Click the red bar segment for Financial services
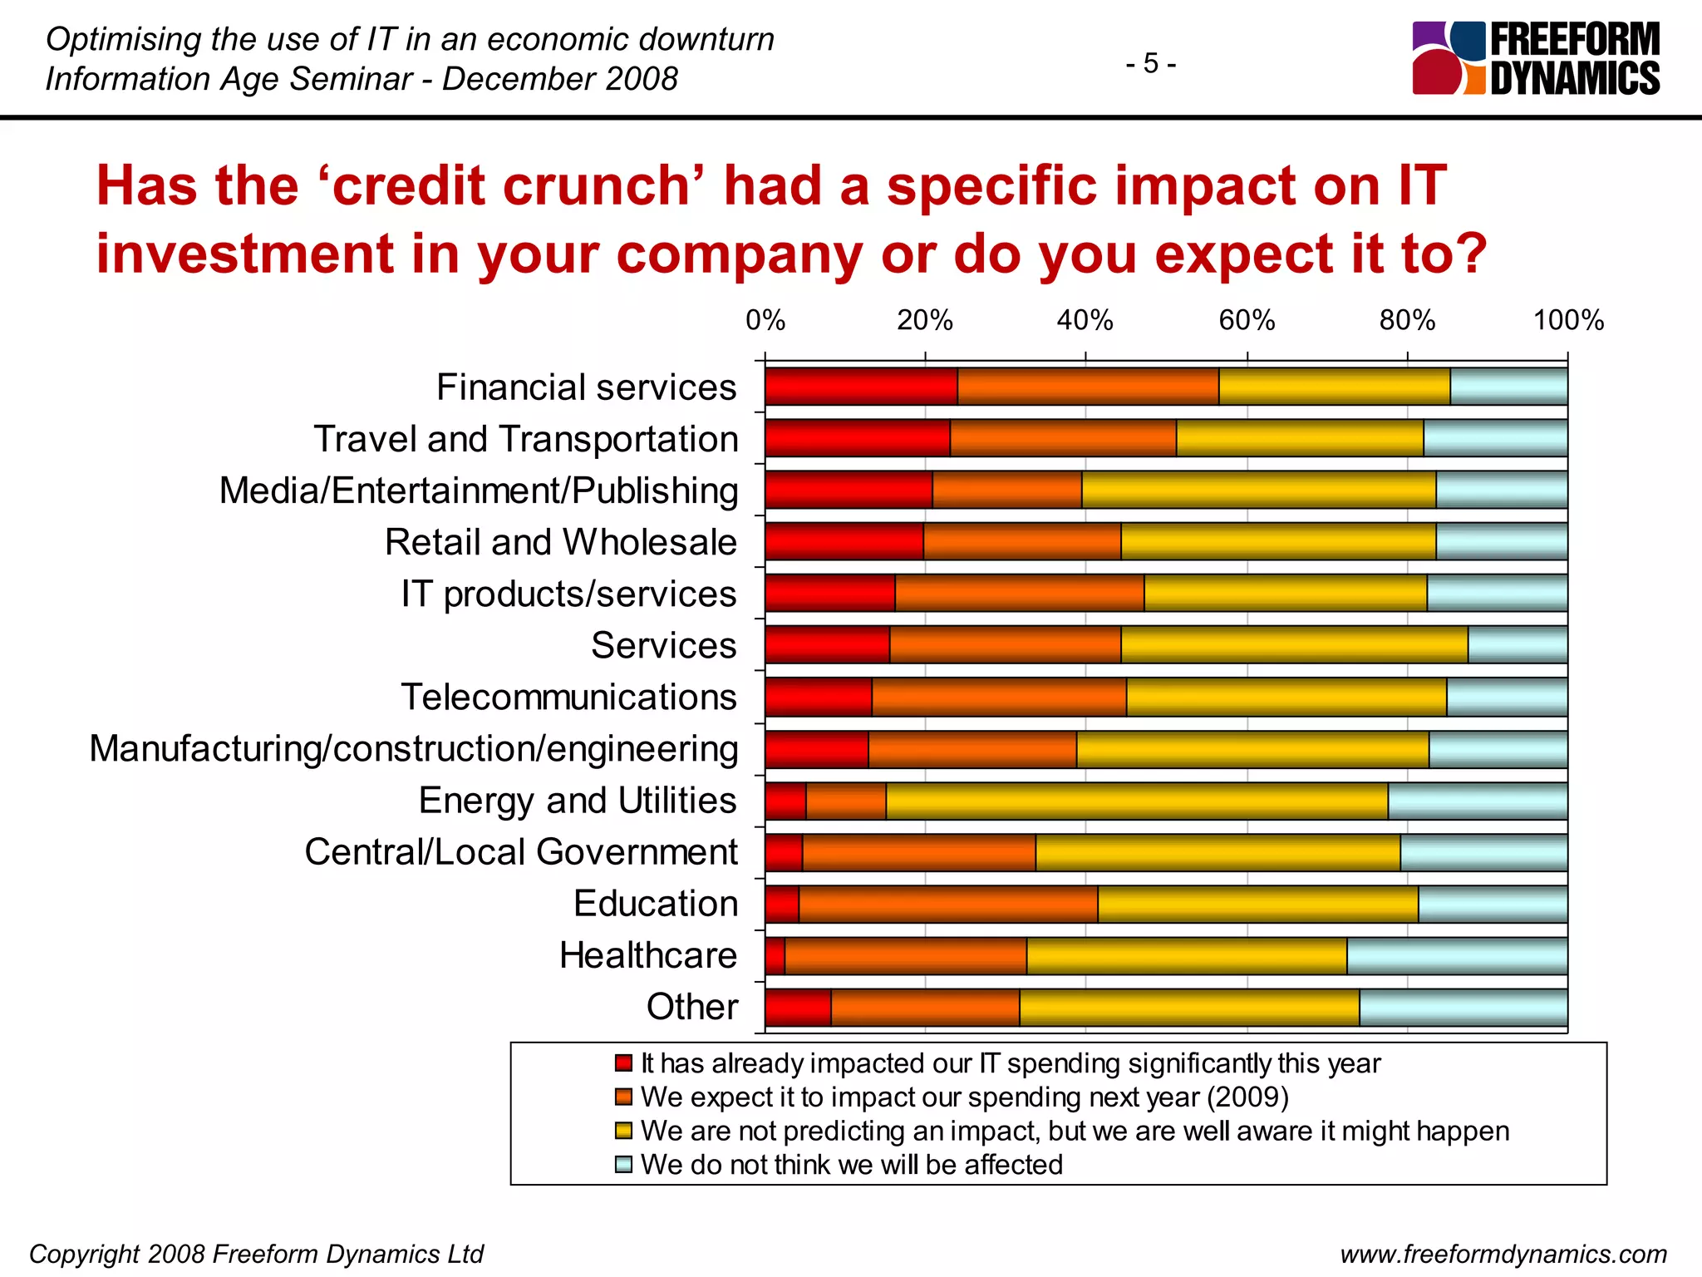(861, 387)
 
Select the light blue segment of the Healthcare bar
(1457, 956)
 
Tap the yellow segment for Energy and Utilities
(1136, 801)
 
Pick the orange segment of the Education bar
(947, 905)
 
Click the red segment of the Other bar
(798, 1008)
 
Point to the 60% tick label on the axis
(1247, 321)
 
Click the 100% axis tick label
(1567, 321)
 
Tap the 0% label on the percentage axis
(765, 321)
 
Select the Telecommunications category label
(568, 698)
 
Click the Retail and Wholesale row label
(560, 543)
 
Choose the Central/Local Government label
(521, 852)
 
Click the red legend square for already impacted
(623, 1063)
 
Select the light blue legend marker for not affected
(623, 1165)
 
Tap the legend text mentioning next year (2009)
(964, 1097)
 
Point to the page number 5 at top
(1150, 63)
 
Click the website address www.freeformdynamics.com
(1503, 1254)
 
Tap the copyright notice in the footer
(256, 1254)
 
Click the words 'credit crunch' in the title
(510, 185)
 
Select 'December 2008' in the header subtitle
(560, 79)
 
